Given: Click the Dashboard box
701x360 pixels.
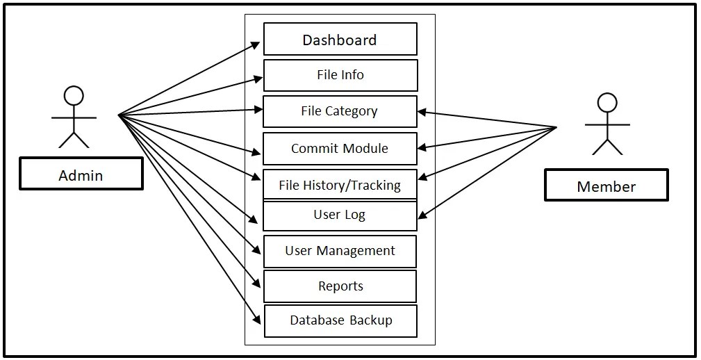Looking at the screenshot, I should pos(340,40).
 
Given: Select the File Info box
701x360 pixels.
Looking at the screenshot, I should pos(340,75).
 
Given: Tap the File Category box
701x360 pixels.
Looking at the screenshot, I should pos(340,111).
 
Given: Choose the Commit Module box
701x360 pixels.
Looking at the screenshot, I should pos(340,149).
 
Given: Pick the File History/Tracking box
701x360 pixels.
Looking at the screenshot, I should pos(340,185).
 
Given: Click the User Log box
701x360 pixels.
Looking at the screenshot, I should pos(340,215).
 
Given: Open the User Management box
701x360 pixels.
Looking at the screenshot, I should pos(340,251).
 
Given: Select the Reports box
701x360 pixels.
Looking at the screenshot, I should pos(340,286).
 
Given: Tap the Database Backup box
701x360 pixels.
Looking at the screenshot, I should pos(340,320).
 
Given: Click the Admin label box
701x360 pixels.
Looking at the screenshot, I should pos(81,174).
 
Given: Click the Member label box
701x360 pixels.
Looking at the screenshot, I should pos(606,186).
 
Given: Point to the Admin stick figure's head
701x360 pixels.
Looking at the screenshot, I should pos(73,95).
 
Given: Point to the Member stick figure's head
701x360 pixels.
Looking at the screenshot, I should pos(607,102).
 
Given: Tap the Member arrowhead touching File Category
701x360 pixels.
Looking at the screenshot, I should pos(422,112).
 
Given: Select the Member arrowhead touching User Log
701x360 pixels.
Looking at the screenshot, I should pos(422,216).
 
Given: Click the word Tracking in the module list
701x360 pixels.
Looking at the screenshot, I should pos(375,185).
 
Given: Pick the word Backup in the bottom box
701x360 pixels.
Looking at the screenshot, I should pos(371,320).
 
